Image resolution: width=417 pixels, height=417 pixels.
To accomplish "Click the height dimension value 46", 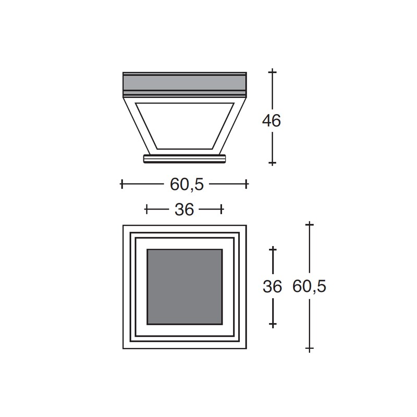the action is [271, 121].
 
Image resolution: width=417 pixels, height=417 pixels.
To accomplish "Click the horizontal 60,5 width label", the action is [187, 185].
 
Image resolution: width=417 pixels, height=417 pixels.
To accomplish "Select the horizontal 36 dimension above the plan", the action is [185, 210].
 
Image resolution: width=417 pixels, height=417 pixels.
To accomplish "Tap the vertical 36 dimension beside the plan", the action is [272, 287].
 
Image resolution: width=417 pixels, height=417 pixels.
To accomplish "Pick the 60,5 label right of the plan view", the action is [309, 287].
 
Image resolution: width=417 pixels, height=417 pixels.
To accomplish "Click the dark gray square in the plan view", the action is [185, 287].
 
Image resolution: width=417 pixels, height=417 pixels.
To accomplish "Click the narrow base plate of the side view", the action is [185, 158].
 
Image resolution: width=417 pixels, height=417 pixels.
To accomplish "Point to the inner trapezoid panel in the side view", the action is [185, 126].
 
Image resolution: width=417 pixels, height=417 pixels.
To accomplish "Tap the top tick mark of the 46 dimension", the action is [272, 72].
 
